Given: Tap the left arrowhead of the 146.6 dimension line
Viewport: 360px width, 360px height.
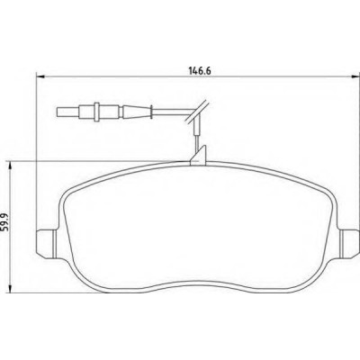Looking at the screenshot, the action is (40, 77).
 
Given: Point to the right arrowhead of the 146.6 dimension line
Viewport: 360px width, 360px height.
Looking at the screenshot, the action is (355, 77).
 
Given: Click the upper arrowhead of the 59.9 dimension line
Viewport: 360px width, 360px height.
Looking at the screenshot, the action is (11, 166).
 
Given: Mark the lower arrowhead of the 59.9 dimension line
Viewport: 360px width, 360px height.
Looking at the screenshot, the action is (11, 288).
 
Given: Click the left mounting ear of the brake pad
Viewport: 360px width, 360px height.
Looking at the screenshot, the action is (46, 243).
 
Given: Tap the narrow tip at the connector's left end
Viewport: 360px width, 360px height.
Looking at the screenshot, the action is (68, 112).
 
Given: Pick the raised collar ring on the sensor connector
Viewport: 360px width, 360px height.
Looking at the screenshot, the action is (96, 112).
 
